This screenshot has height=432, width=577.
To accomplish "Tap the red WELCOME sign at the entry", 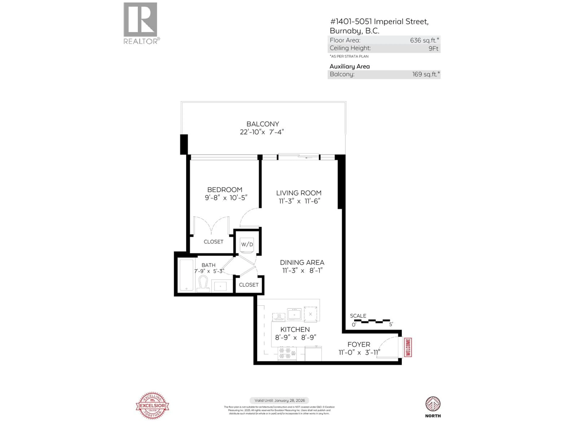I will pos(408,347).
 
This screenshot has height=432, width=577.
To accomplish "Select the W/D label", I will pos(247,244).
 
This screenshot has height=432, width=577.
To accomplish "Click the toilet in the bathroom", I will pos(203,284).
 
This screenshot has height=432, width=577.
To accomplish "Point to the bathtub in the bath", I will pos(186,275).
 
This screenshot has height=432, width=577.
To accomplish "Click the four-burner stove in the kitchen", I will pos(287,353).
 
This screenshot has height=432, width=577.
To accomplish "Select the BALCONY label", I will pos(263,124).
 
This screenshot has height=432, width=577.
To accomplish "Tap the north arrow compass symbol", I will pos(433,404).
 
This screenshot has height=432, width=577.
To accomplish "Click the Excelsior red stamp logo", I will pos(152,405).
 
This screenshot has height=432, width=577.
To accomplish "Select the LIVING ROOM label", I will pos(299,193).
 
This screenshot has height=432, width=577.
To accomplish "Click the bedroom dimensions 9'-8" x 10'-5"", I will pos(226,198).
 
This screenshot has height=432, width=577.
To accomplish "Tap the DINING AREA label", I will pos(302,262).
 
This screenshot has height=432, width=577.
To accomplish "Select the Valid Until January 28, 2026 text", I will pos(279,400).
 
